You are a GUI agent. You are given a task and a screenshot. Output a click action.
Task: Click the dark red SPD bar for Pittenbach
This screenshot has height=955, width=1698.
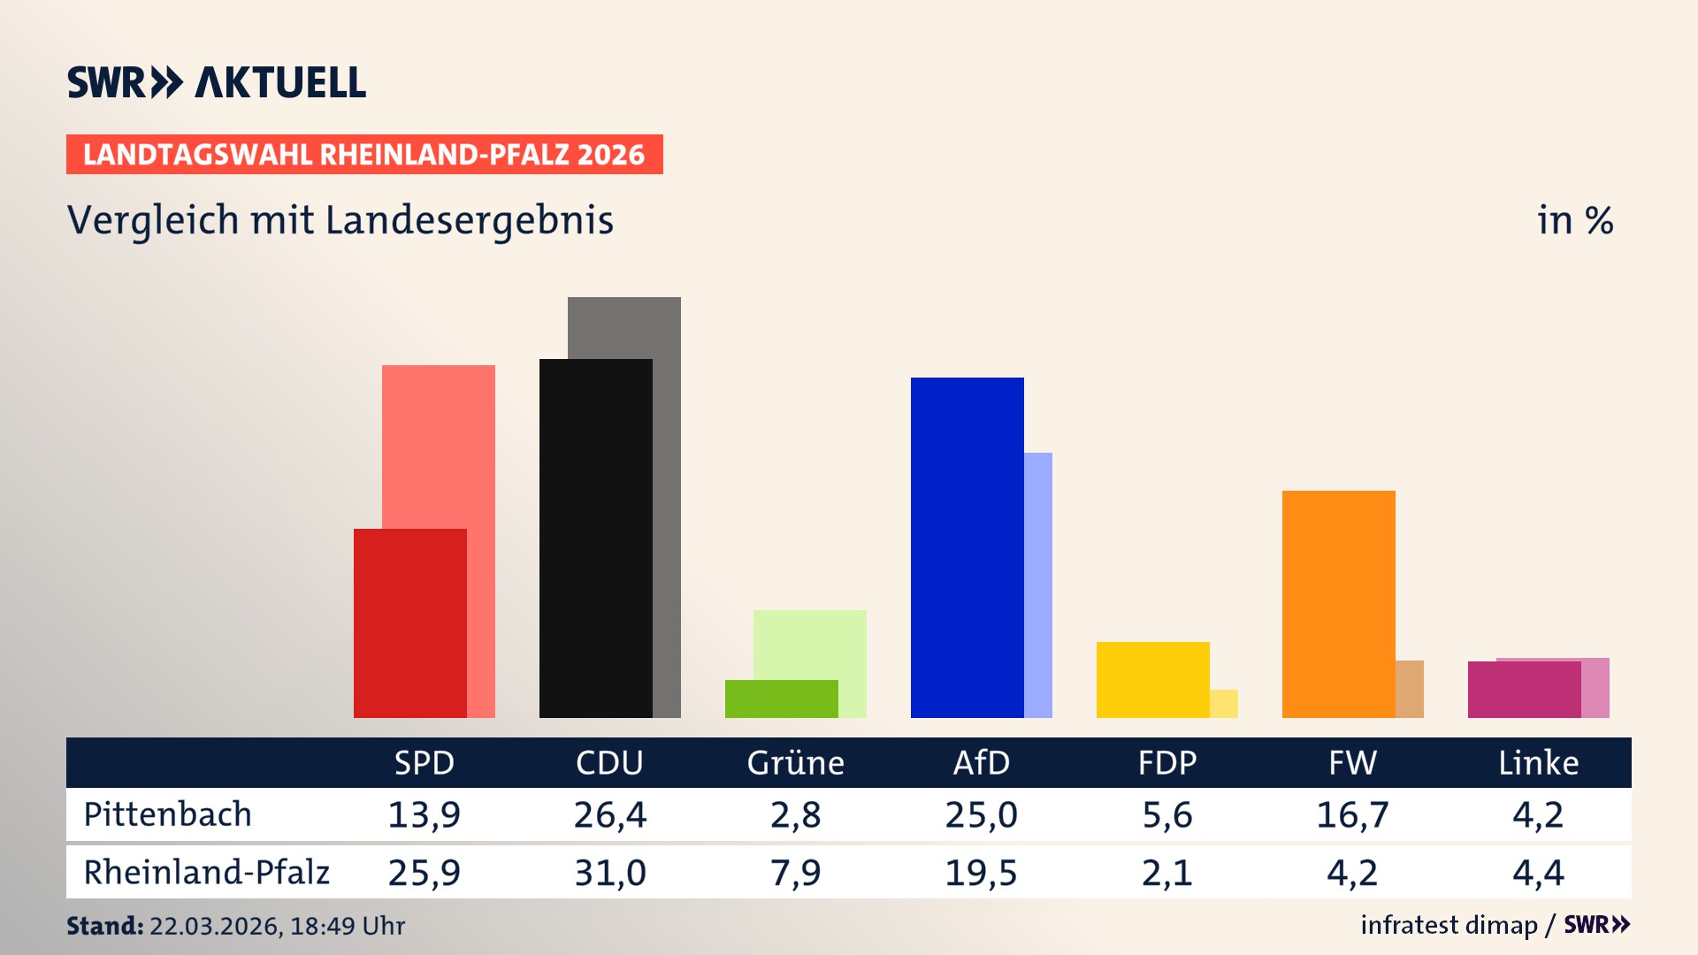pos(409,623)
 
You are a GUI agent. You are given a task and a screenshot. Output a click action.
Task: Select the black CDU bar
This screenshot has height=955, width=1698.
pos(595,539)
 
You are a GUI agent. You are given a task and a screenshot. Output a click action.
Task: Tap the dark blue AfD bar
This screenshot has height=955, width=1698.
pos(967,548)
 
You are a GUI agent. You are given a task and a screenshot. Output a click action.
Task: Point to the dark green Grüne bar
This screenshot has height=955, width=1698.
pos(781,699)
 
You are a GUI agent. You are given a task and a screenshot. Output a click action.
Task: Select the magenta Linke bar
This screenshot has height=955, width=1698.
pos(1524,690)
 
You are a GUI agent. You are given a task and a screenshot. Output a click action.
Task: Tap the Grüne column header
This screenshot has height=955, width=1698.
pos(795,763)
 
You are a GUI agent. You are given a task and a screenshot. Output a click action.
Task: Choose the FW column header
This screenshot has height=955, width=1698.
pos(1352,763)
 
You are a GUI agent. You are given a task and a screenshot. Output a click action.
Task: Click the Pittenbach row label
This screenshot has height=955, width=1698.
pos(167,814)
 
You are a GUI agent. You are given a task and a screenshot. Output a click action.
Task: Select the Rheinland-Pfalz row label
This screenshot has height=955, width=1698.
pos(206,873)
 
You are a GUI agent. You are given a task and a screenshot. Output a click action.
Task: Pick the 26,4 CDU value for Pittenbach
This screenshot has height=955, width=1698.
pos(609,814)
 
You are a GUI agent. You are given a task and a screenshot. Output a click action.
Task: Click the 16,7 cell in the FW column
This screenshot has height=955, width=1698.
pos(1352,814)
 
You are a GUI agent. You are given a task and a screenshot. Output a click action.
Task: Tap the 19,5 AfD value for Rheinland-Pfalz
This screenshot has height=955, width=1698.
pos(981,873)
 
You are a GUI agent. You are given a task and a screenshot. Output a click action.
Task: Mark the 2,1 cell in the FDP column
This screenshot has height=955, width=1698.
pos(1166,873)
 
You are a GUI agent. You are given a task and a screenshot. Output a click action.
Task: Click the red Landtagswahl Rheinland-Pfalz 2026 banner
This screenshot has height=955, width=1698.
pos(363,155)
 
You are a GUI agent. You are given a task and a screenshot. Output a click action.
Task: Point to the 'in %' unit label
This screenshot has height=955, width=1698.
pos(1574,221)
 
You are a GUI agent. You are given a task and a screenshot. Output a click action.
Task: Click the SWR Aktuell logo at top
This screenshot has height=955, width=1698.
pos(216,82)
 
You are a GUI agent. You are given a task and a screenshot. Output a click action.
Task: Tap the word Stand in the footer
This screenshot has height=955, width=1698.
pos(103,926)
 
